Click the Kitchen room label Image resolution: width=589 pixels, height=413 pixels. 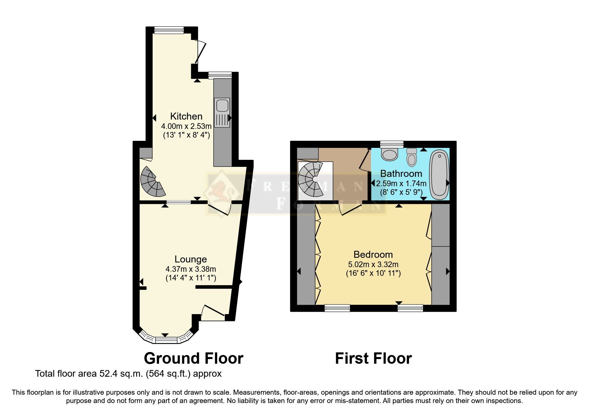pyautogui.click(x=186, y=116)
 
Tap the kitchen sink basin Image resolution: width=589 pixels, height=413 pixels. pyautogui.click(x=222, y=106)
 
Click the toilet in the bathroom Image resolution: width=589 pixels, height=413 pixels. pyautogui.click(x=412, y=158)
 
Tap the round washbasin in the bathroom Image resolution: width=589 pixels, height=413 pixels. pyautogui.click(x=390, y=154)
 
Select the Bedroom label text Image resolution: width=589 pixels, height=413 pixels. pyautogui.click(x=373, y=254)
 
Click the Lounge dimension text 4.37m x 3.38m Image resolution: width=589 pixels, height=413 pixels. pyautogui.click(x=191, y=269)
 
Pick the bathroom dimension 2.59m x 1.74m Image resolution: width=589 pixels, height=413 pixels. pyautogui.click(x=401, y=183)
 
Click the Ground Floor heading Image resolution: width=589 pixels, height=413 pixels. pyautogui.click(x=193, y=358)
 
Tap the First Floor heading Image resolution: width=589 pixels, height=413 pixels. pyautogui.click(x=373, y=358)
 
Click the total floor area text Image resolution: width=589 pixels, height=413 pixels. pyautogui.click(x=128, y=374)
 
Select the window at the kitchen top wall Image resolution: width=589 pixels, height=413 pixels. pyautogui.click(x=169, y=30)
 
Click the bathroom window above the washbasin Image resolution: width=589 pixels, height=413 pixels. pyautogui.click(x=391, y=144)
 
